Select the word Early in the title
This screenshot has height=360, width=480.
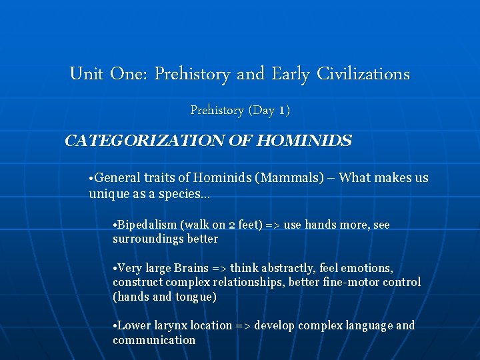point(290,74)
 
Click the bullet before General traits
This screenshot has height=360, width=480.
point(91,179)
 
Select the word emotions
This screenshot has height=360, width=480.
point(365,268)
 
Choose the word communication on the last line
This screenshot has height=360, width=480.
point(154,340)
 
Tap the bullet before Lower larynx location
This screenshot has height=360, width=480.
point(115,327)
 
